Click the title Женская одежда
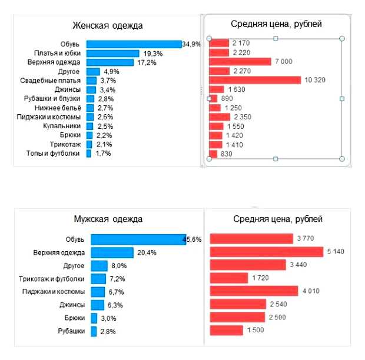point(107,25)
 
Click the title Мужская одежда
point(107,219)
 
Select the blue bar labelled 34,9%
point(134,44)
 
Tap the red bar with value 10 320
point(255,80)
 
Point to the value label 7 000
point(283,62)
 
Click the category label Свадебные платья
point(50,80)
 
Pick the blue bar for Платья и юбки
point(112,53)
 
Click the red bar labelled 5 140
point(267,252)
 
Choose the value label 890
point(228,98)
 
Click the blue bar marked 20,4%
point(112,252)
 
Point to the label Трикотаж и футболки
point(52,278)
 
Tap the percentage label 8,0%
point(120,265)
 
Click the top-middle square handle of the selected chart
point(276,38)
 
